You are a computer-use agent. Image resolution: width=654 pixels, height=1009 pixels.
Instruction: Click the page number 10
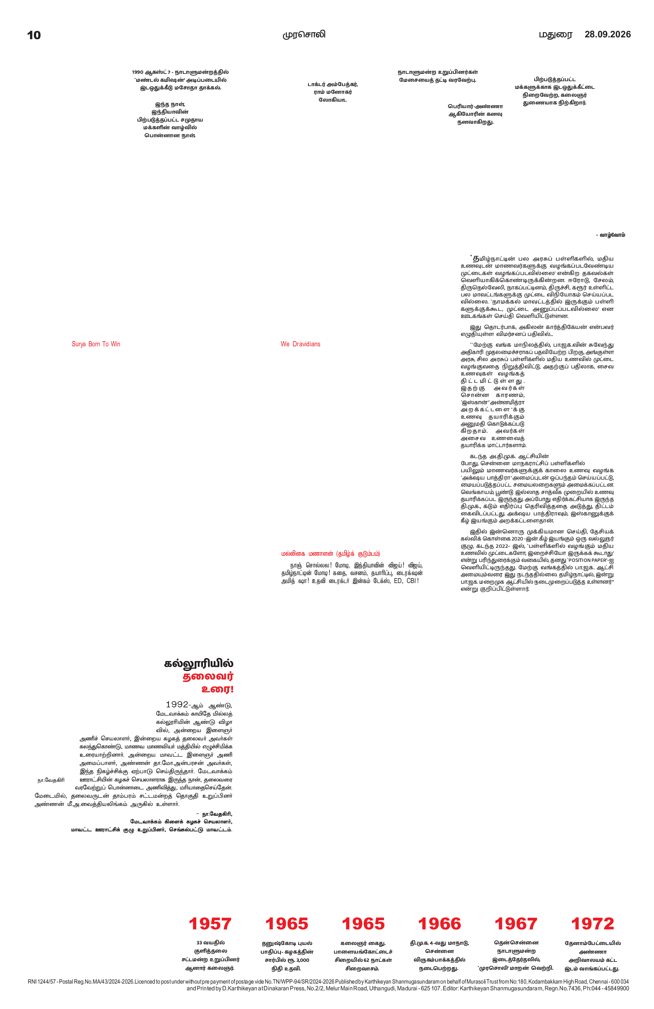pos(34,35)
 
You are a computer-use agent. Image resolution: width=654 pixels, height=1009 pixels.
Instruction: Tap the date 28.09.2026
pos(607,34)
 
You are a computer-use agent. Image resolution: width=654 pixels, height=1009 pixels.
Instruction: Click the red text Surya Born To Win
pos(96,344)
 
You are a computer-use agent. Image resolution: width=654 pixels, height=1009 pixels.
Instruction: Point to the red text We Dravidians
pos(300,344)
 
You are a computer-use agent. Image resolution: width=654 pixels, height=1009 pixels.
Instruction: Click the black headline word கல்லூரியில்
pos(199,664)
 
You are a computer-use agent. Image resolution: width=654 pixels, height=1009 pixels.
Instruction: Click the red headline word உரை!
pos(217,689)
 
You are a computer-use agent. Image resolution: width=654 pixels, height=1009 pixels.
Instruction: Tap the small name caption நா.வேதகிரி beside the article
pos(51,780)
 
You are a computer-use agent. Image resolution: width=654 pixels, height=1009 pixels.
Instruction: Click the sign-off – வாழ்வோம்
pos(610,235)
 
